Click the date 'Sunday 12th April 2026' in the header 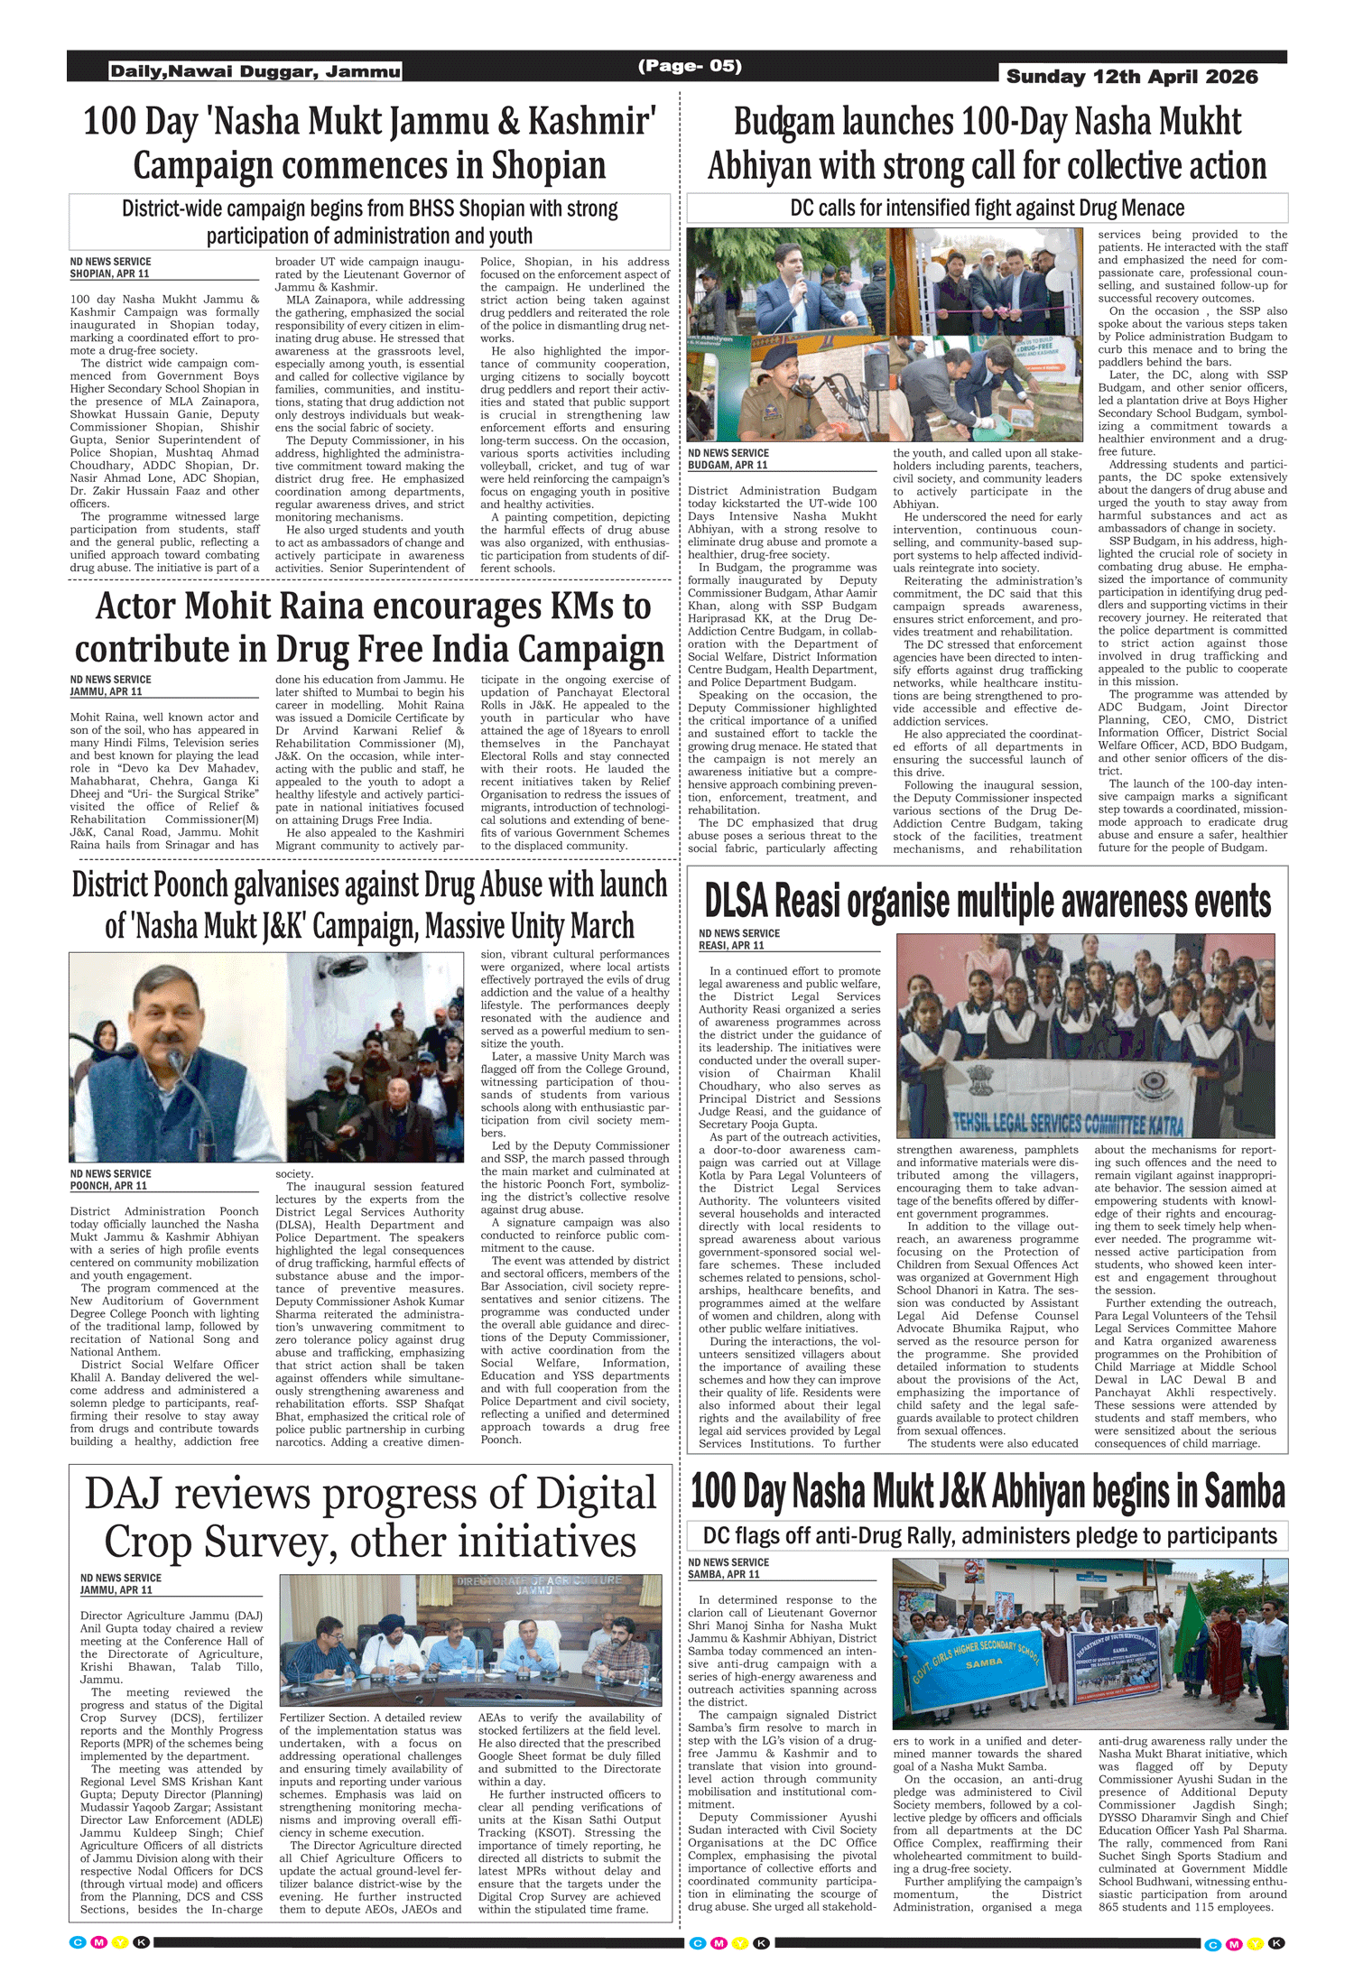click(x=1132, y=77)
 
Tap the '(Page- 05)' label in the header click(x=690, y=66)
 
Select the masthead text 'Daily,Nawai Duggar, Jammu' click(x=255, y=71)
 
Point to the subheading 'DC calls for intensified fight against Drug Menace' click(x=987, y=208)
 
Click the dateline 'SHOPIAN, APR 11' click(x=109, y=273)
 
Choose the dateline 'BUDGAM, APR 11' click(x=728, y=465)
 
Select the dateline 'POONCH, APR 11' click(x=108, y=1186)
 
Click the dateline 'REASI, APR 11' click(x=731, y=945)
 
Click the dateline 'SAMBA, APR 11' click(x=724, y=1574)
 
